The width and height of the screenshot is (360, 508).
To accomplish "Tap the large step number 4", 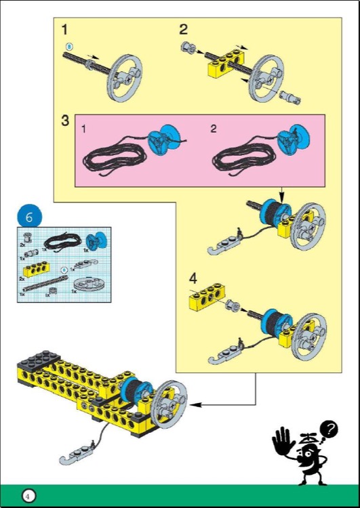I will coord(194,278).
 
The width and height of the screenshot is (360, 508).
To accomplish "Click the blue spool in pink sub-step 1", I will coord(163,138).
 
